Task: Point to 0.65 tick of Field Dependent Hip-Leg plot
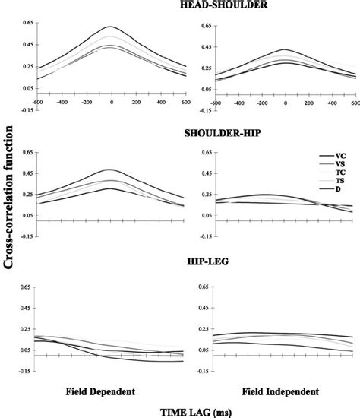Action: [x=23, y=287]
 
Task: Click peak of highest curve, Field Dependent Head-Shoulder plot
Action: [x=111, y=27]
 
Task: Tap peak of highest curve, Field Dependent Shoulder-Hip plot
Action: [x=111, y=170]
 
